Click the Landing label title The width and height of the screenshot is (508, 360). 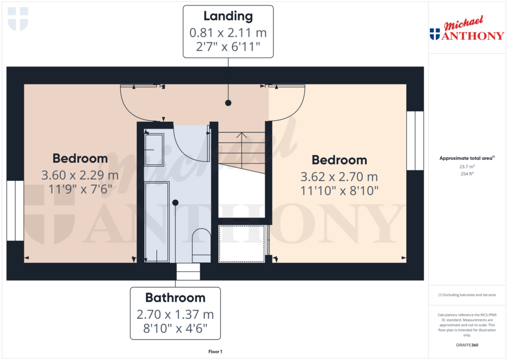pos(228,16)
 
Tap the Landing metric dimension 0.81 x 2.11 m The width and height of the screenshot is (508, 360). pos(228,33)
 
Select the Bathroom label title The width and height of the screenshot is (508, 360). pos(175,298)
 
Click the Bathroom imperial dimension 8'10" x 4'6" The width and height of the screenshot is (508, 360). pos(175,328)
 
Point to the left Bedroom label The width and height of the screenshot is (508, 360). pos(80,158)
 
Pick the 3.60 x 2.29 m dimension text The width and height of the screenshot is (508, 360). pos(80,175)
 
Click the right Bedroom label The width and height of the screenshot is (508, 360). pos(339,160)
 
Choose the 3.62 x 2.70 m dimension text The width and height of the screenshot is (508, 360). pos(339,177)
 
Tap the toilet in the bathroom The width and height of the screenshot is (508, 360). pos(201,243)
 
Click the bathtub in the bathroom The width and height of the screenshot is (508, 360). pos(157,221)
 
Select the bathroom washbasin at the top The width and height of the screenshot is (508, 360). pos(154,149)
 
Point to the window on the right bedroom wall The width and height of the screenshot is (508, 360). pos(415,141)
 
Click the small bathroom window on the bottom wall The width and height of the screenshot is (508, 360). pos(189,272)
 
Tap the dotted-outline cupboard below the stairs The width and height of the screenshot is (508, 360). pos(242,244)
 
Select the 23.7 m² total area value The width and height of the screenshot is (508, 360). pos(466,167)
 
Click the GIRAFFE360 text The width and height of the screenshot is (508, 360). pos(466,345)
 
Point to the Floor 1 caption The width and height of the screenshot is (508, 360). pos(215,352)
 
